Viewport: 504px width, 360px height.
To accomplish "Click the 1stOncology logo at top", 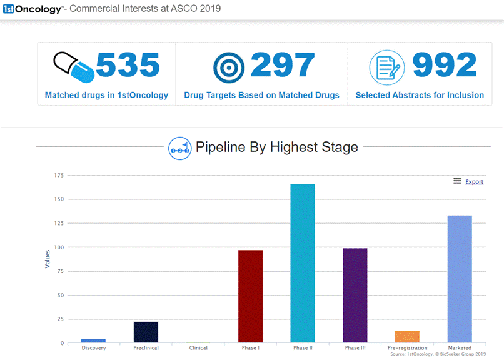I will [32, 9].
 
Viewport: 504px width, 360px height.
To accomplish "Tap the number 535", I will [128, 66].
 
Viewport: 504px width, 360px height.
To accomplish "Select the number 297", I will [283, 66].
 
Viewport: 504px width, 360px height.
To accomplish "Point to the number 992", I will [445, 66].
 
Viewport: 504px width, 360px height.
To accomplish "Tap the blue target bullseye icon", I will [229, 67].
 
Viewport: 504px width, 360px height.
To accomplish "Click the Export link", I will [474, 182].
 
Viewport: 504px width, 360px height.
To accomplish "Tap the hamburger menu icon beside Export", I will [457, 181].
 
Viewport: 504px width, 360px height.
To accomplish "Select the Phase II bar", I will [303, 263].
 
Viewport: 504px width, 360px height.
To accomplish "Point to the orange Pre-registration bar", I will [407, 336].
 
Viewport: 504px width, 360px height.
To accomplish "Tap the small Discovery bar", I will [93, 341].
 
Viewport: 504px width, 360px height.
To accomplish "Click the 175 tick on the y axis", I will [59, 176].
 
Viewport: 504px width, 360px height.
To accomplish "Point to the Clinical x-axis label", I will [198, 348].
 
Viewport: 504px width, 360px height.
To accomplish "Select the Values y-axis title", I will [48, 259].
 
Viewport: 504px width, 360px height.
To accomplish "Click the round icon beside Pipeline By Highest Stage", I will [180, 148].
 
